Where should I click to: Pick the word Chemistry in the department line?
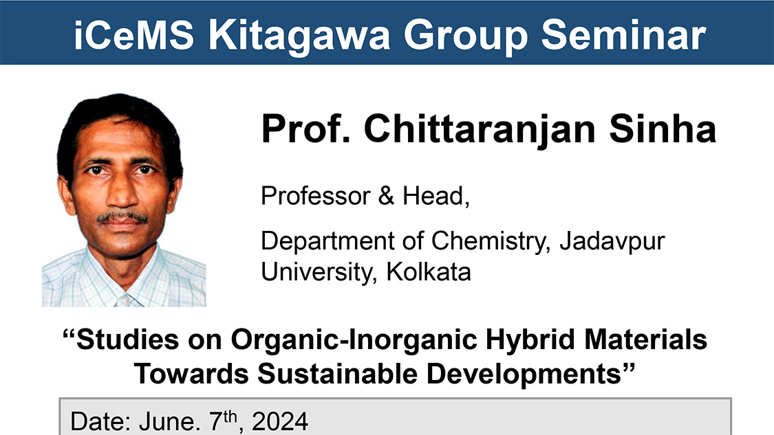click(x=490, y=241)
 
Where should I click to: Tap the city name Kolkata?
click(x=429, y=272)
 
